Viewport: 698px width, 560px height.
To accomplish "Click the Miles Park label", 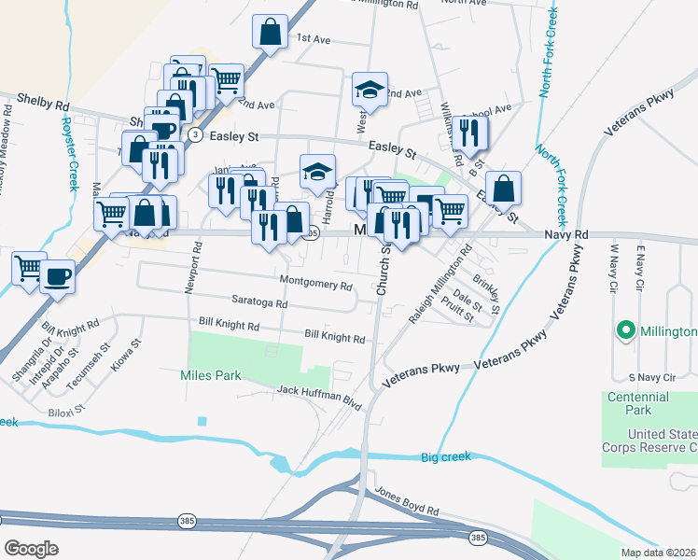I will [210, 375].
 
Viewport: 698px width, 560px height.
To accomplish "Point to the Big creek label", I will [446, 456].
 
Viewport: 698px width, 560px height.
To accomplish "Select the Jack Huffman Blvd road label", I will [319, 396].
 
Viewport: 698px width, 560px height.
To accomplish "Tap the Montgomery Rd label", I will [315, 281].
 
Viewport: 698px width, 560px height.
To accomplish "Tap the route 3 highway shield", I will [195, 134].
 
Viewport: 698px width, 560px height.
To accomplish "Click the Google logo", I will [32, 549].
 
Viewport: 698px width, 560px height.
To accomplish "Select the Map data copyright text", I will [659, 553].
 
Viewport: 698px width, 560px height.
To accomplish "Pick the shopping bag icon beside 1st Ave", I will [270, 33].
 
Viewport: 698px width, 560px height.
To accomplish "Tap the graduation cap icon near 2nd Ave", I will [370, 90].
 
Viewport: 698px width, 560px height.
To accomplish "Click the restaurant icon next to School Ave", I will [469, 133].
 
